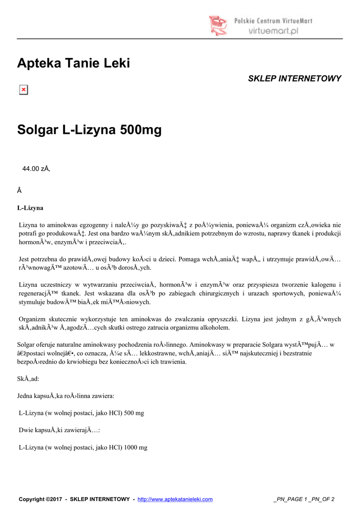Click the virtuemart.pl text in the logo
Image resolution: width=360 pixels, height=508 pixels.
coord(273,30)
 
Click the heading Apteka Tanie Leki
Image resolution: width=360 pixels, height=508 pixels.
coord(73,63)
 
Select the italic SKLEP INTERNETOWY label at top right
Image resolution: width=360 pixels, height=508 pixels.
coord(294,79)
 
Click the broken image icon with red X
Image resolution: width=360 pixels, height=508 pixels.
coord(23,90)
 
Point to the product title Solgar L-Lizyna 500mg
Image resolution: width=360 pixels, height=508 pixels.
coord(89,131)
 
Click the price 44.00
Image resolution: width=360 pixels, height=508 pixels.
coord(31,169)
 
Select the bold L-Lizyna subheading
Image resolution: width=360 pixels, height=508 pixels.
coord(30,207)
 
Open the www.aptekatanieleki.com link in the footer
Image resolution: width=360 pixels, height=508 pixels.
coord(175,499)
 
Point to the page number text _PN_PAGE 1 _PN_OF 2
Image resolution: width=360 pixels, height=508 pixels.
coord(304,499)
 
